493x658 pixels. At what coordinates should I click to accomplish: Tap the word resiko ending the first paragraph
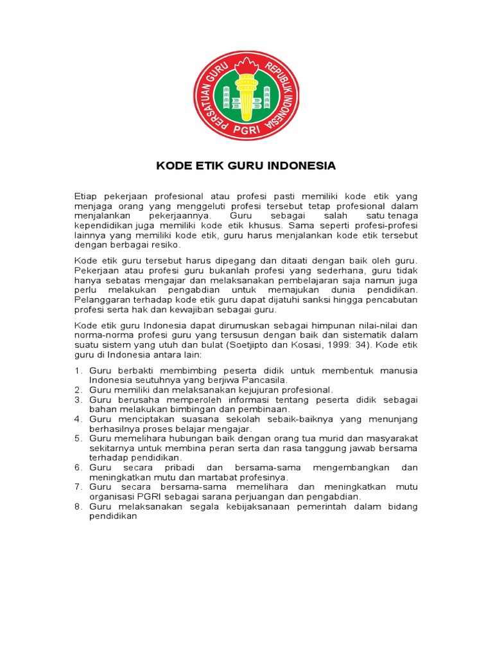pos(166,245)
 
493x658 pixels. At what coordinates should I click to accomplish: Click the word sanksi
pos(316,300)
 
